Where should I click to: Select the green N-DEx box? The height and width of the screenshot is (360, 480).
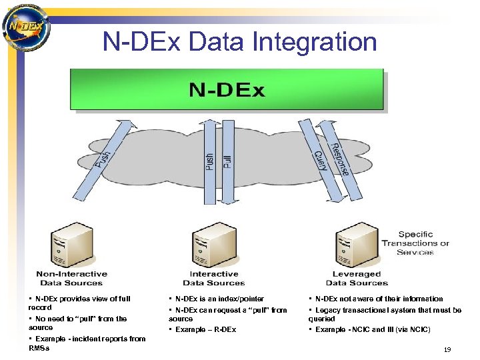pos(227,89)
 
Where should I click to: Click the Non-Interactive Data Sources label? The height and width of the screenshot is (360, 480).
pos(71,278)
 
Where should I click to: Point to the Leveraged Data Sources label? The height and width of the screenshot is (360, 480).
pos(357,278)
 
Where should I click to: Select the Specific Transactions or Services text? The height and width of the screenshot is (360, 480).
pos(415,243)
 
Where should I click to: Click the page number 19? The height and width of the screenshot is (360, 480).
pos(447,350)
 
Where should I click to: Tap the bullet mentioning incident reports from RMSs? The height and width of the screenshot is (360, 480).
pos(87,343)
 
